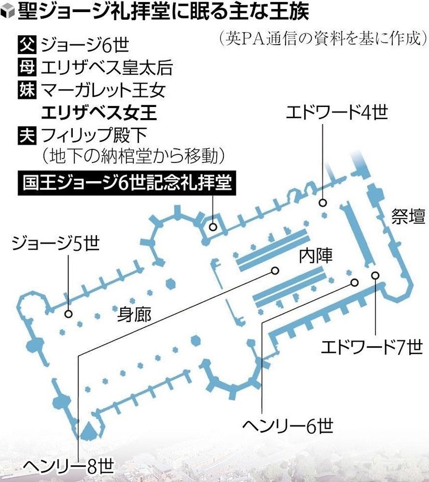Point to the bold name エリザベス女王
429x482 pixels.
click(99, 112)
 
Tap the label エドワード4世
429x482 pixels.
click(336, 114)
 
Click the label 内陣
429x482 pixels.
click(316, 255)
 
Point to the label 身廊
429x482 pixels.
click(135, 315)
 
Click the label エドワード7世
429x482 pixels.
click(372, 347)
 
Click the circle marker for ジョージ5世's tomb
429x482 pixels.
click(68, 314)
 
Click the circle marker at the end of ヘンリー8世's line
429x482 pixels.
click(275, 271)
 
